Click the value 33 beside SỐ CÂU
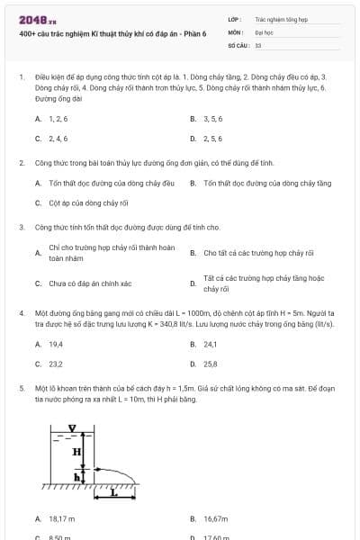(258, 44)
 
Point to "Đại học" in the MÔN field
(264, 31)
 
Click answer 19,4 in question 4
(56, 344)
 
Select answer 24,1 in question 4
(211, 344)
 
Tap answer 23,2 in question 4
(56, 364)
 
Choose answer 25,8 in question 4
(211, 364)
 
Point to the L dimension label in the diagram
(112, 493)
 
